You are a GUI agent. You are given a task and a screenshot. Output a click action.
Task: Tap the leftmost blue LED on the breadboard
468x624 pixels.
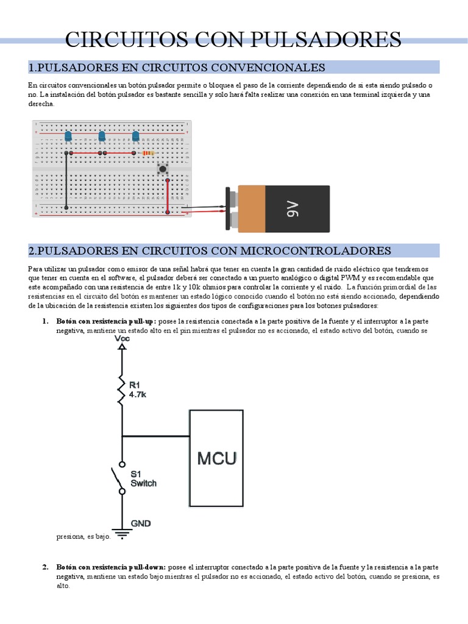pos(68,136)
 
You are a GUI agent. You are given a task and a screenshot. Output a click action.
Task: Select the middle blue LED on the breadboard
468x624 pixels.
pos(102,136)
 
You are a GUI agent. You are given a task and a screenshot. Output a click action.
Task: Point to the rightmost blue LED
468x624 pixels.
pos(135,136)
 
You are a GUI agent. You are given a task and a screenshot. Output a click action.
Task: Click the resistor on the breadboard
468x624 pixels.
pos(148,154)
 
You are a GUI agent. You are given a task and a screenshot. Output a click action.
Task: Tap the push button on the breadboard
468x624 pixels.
pos(163,169)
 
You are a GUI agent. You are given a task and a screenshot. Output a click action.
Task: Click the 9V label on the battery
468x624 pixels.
pos(292,210)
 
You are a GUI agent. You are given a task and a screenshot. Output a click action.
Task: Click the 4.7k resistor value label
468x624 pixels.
pos(138,394)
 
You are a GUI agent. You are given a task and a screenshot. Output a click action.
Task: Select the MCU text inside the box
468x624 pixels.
pos(216,458)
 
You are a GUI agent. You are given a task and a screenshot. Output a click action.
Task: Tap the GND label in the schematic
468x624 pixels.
pos(141,523)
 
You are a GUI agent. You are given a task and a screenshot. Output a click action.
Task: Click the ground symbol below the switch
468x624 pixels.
pos(122,534)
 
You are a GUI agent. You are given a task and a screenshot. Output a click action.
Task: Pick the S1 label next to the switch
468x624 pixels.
pos(136,473)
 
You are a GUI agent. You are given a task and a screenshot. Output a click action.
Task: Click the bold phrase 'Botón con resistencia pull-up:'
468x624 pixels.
pos(106,321)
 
